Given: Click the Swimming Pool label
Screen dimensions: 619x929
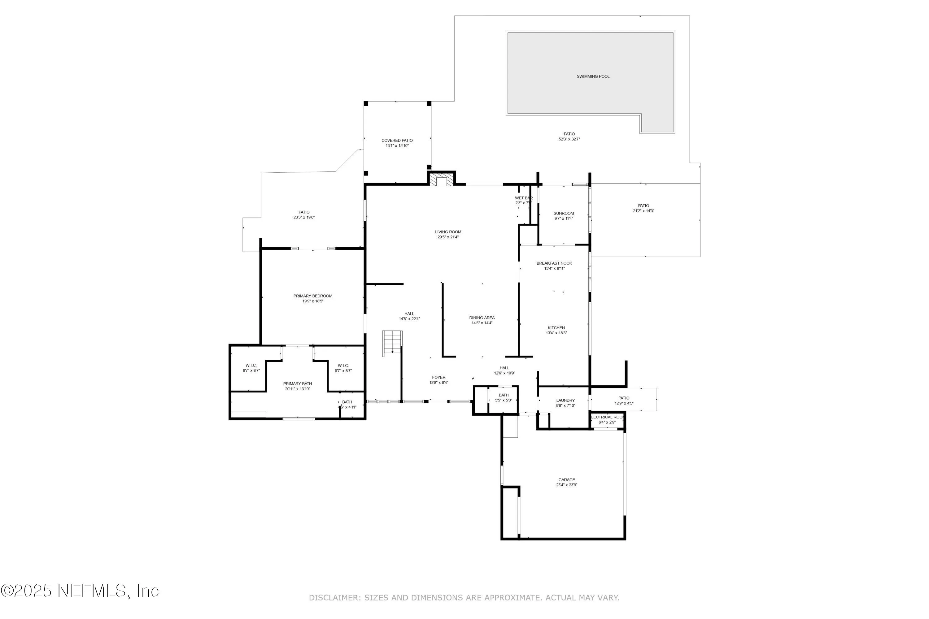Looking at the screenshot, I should (x=593, y=76).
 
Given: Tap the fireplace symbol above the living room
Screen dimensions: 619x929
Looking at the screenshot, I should (x=441, y=180).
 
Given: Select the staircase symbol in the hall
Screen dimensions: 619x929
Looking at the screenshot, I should (x=392, y=343).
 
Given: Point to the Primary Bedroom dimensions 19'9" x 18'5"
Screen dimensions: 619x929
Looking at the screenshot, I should (x=312, y=301).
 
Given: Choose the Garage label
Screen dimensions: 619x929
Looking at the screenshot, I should (x=566, y=480).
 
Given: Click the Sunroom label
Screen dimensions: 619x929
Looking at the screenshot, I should (x=563, y=213).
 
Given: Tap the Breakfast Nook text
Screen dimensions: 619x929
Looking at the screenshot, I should (x=554, y=263).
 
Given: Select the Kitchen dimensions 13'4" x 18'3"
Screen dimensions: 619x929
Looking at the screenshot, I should (x=556, y=333).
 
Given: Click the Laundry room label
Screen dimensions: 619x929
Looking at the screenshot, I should (x=565, y=400).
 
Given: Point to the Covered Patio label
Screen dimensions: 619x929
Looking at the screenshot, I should (x=397, y=141).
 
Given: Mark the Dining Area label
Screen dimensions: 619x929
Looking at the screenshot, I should (x=482, y=318).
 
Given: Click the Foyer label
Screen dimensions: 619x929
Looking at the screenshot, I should (x=438, y=377).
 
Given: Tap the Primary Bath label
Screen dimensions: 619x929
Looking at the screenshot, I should (x=297, y=384).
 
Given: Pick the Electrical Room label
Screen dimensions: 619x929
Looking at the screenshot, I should (x=607, y=417).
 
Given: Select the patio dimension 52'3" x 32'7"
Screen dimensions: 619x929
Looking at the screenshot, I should (x=569, y=139).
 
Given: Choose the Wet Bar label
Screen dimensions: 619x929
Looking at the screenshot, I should (x=524, y=198).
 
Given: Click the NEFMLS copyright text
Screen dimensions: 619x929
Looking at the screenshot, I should (x=80, y=591).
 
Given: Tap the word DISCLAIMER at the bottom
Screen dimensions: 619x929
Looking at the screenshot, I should (x=334, y=598).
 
